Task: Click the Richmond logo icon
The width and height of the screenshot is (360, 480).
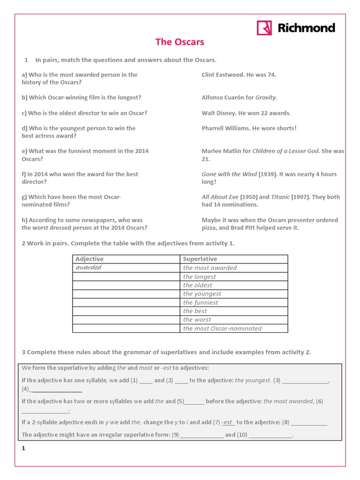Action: tap(264, 28)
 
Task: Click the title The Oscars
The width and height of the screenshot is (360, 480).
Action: tap(180, 42)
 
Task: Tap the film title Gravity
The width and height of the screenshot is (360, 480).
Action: tap(266, 97)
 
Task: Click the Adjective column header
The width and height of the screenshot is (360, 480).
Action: tap(90, 259)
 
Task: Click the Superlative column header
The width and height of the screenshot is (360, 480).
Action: tap(200, 259)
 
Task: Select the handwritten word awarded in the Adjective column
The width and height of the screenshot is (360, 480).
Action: tap(89, 268)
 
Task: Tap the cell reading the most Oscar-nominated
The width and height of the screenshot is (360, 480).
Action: tap(222, 328)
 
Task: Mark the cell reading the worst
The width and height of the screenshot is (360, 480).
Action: tap(197, 320)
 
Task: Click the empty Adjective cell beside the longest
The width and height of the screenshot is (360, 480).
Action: tap(126, 277)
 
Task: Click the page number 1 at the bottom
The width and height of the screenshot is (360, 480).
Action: tap(23, 449)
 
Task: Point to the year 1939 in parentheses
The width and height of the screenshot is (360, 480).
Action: tap(267, 174)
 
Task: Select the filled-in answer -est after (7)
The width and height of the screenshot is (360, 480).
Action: tap(227, 422)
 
